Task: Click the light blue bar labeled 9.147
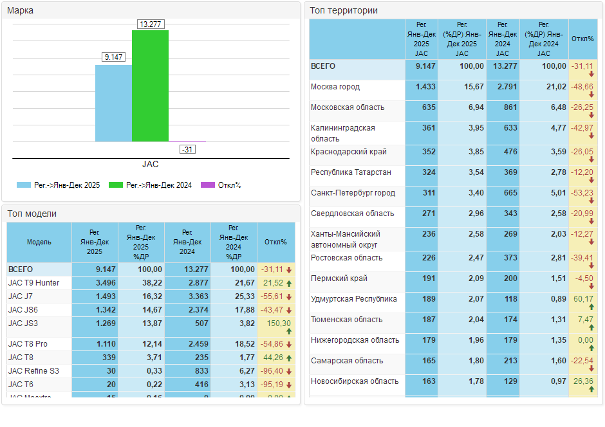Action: click(113, 103)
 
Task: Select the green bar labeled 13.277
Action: click(150, 86)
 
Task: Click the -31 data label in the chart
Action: click(187, 149)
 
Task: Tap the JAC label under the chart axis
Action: click(150, 164)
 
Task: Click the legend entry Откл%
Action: click(222, 185)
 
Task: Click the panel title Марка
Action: click(20, 10)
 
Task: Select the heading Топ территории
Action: click(344, 10)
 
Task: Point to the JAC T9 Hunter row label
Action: click(33, 283)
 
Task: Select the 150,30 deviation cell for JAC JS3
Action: click(277, 323)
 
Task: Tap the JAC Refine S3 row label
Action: click(33, 370)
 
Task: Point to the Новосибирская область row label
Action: click(355, 381)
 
